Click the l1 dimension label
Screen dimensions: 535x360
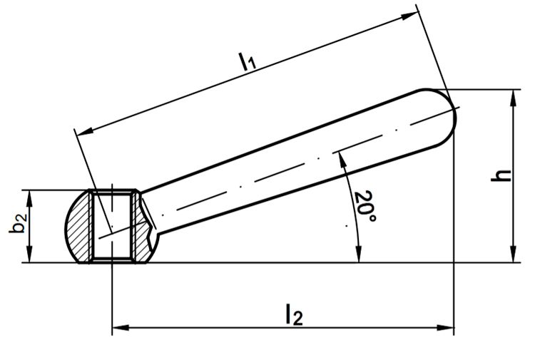(x=248, y=61)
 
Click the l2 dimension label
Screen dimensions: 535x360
(x=294, y=314)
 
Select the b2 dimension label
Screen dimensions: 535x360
(x=17, y=223)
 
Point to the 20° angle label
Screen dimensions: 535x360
(x=365, y=207)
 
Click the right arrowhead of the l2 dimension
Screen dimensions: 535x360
(x=445, y=328)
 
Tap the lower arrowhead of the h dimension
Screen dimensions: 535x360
(x=513, y=254)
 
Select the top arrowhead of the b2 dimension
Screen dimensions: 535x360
(x=29, y=198)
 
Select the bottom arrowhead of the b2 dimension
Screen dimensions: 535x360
(x=29, y=254)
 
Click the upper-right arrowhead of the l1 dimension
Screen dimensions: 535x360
(x=409, y=16)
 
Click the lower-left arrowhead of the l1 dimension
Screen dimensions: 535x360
(x=86, y=131)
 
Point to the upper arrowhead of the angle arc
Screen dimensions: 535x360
(x=342, y=160)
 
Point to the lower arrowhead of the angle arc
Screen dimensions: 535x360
(x=358, y=254)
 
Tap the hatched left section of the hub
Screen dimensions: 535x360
(x=78, y=227)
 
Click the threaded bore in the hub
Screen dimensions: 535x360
(x=112, y=226)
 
